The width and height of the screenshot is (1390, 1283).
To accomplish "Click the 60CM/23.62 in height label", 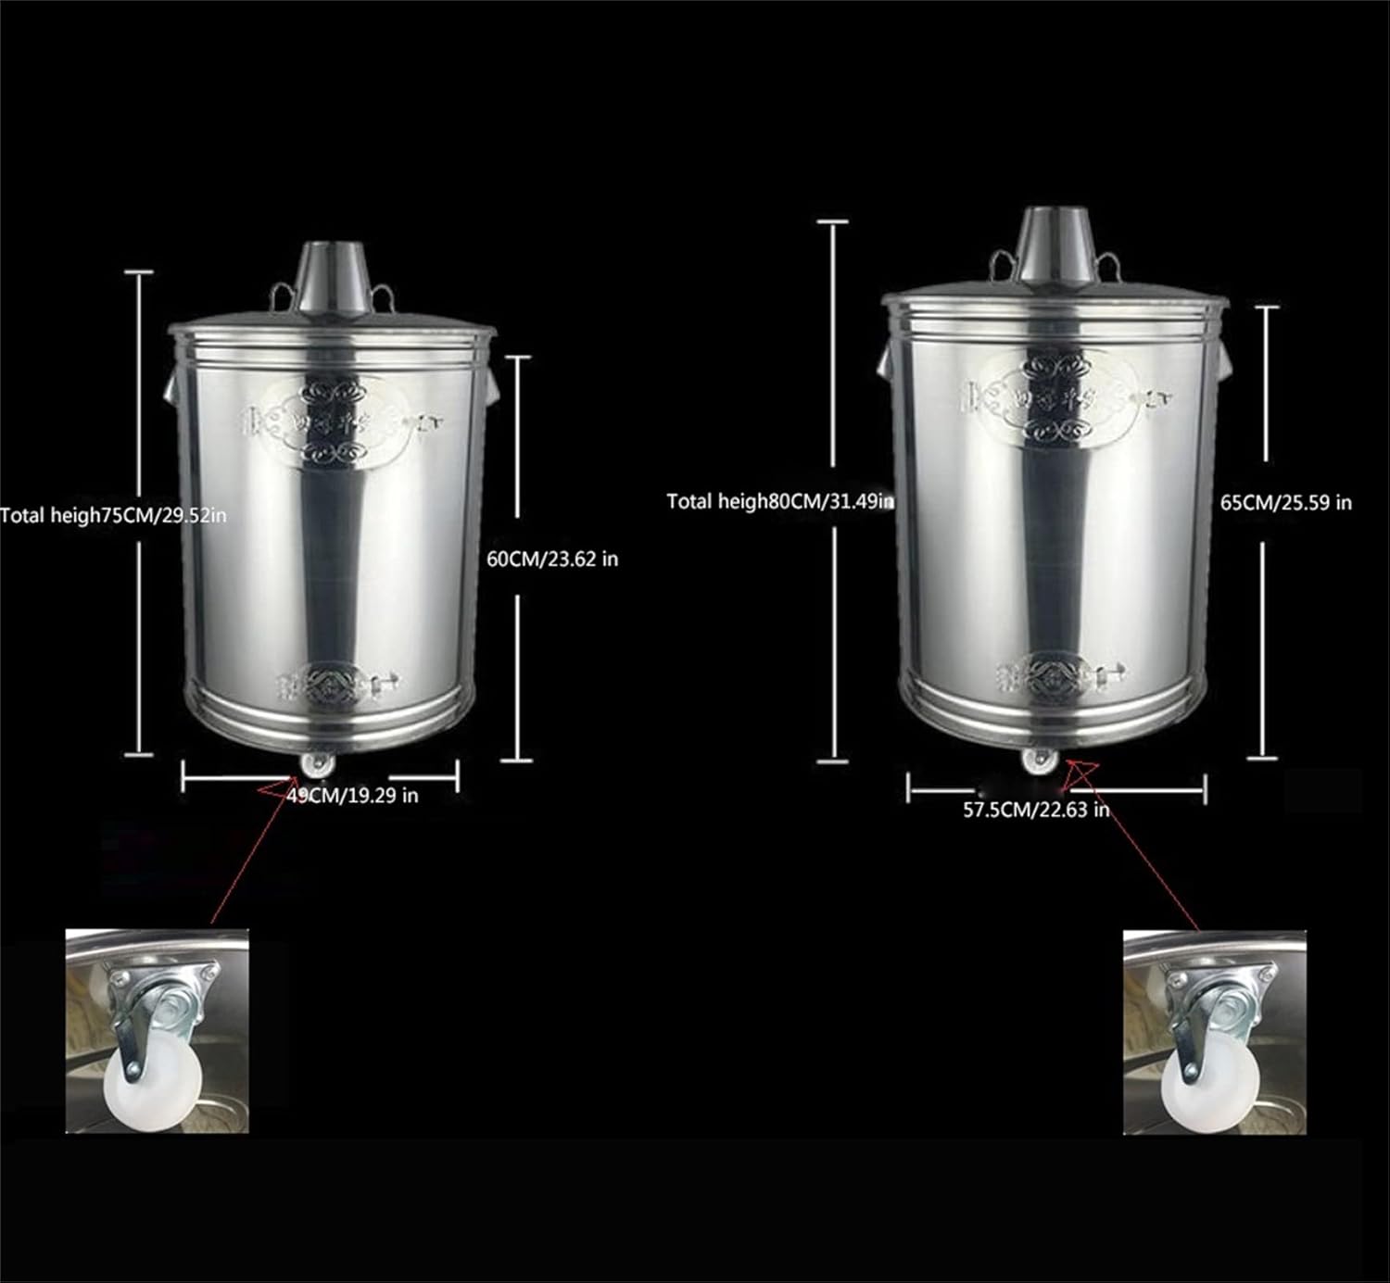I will [552, 559].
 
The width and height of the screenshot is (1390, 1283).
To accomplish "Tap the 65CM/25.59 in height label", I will [1285, 502].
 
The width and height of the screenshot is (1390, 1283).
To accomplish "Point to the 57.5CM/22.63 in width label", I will [1035, 809].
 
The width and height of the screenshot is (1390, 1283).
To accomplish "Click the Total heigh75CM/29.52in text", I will [113, 515].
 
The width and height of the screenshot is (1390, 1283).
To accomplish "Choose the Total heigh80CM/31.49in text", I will [779, 501].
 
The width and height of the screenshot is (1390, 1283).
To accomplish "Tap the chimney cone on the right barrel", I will [1055, 243].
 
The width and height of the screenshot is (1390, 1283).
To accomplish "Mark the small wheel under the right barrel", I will [1038, 761].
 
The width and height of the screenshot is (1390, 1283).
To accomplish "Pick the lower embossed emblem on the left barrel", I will [332, 684].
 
